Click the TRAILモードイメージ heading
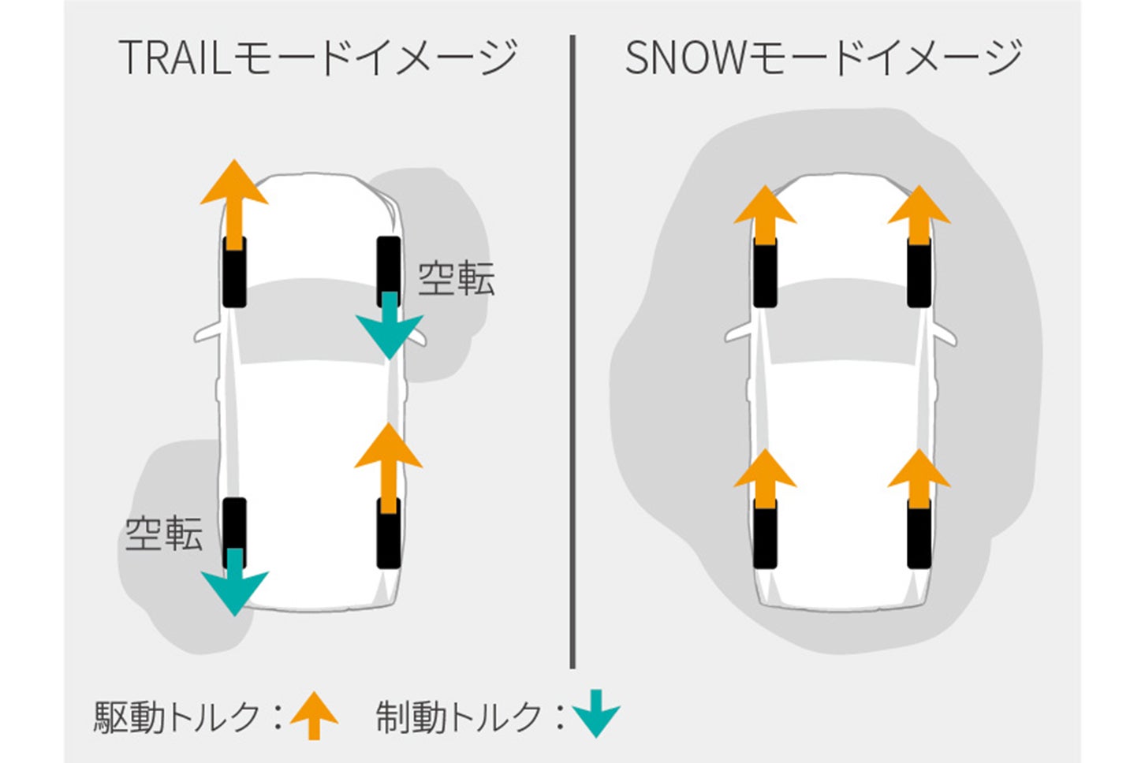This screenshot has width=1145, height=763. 318,57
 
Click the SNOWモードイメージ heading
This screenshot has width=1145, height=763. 823,57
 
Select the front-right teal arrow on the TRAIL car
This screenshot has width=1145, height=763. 390,327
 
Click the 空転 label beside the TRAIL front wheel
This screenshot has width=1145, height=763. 456,278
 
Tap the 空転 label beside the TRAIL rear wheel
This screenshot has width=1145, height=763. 163,534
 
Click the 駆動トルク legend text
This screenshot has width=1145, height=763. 177,716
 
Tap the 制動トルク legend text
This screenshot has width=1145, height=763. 459,716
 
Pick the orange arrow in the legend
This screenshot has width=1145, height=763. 314,714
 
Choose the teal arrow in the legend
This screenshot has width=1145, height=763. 597,713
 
